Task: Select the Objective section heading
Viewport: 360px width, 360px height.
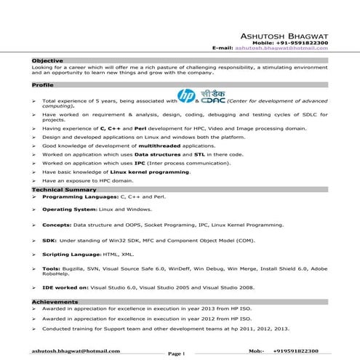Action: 47,60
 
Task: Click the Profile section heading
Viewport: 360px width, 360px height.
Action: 43,85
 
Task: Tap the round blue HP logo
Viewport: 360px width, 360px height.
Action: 185,96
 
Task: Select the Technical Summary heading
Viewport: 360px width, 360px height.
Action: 64,189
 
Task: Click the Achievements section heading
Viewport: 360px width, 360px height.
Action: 55,301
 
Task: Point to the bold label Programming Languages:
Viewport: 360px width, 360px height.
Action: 78,197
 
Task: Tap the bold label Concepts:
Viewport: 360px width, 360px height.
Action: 57,225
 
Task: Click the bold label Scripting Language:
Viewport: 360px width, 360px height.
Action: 72,254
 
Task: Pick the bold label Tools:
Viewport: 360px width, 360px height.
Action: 52,268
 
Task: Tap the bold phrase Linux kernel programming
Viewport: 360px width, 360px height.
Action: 154,172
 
